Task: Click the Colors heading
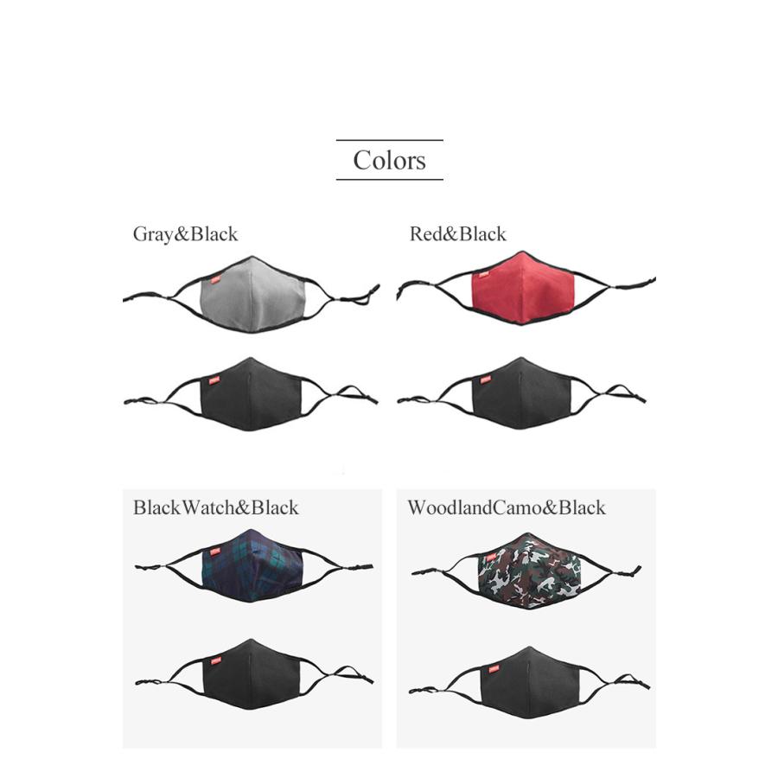point(389,160)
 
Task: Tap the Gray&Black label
point(185,233)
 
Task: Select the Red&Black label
point(457,233)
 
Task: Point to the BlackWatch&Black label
point(215,507)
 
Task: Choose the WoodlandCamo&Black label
point(506,507)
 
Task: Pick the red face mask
point(524,288)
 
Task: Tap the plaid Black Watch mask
point(252,565)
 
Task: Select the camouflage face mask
point(527,571)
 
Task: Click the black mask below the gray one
point(251,395)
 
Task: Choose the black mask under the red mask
point(522,394)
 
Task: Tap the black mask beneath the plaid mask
point(252,675)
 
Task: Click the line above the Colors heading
point(389,140)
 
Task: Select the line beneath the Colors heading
point(389,179)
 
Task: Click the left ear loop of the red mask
point(432,290)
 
